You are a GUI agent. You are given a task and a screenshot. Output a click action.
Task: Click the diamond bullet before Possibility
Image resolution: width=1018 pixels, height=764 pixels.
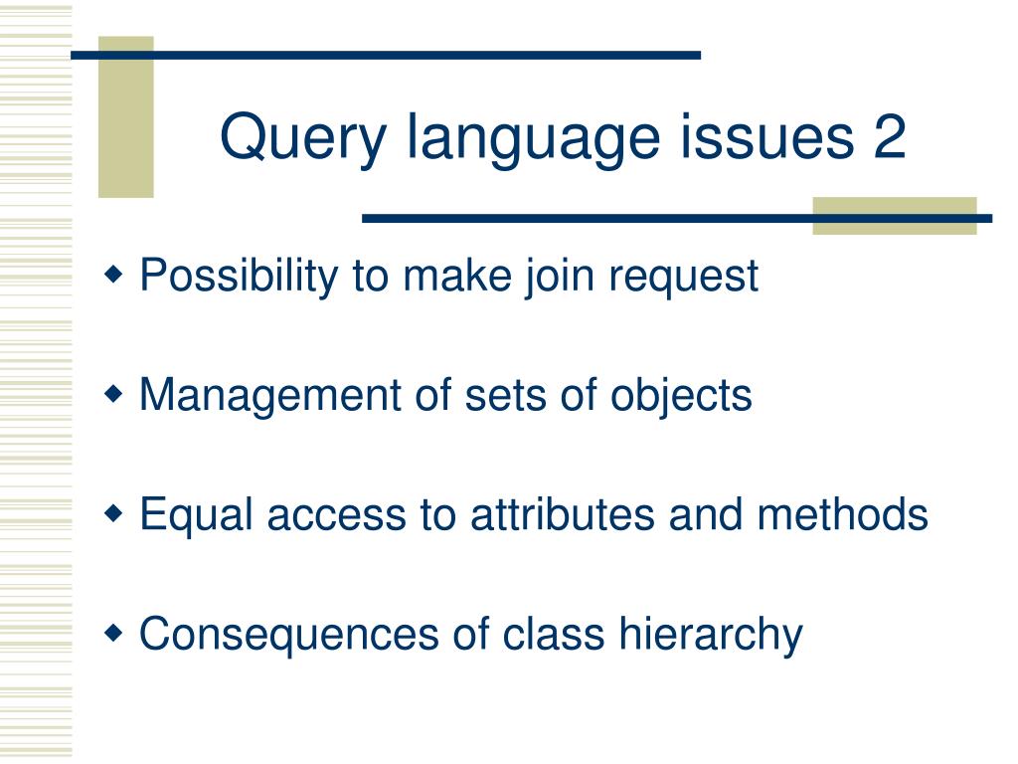point(115,273)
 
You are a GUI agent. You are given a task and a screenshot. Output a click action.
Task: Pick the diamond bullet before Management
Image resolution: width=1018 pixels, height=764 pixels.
point(115,394)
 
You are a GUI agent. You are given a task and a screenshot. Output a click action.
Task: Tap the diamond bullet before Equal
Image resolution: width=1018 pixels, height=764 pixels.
point(115,513)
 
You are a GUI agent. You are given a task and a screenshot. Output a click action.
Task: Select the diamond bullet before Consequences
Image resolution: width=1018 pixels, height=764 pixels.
point(115,633)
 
